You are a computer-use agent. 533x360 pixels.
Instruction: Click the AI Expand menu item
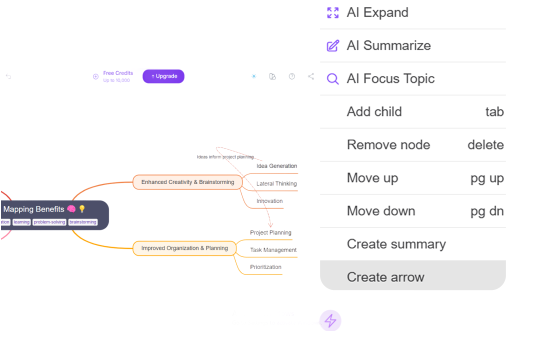click(x=377, y=12)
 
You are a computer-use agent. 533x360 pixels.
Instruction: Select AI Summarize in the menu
click(x=388, y=45)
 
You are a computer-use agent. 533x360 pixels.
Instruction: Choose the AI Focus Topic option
click(x=390, y=78)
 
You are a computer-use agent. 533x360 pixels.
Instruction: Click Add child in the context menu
click(x=374, y=111)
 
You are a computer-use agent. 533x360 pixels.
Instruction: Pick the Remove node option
click(x=388, y=144)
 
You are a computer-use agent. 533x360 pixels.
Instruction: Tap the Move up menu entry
click(x=372, y=177)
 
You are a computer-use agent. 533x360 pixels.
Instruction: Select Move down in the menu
click(x=381, y=210)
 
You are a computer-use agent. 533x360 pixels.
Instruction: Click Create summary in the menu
click(x=396, y=244)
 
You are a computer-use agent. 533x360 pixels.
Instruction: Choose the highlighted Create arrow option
click(x=385, y=277)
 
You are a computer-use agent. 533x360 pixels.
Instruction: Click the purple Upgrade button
click(x=163, y=76)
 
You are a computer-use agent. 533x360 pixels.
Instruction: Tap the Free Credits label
click(x=118, y=73)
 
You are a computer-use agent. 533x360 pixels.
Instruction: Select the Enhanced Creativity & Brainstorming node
click(x=187, y=182)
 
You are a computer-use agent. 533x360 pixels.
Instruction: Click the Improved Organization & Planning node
click(x=184, y=248)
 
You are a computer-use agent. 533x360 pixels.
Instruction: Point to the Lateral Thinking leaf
click(x=276, y=183)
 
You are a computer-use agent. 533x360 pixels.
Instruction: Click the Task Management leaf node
click(x=273, y=249)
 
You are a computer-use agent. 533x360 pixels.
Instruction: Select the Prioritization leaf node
click(x=265, y=267)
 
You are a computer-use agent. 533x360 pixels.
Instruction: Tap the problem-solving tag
click(x=49, y=222)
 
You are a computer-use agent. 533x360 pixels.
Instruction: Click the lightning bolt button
click(x=330, y=320)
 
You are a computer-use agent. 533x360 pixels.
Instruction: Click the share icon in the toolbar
click(x=311, y=76)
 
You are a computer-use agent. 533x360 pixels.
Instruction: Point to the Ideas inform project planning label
click(x=225, y=157)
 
